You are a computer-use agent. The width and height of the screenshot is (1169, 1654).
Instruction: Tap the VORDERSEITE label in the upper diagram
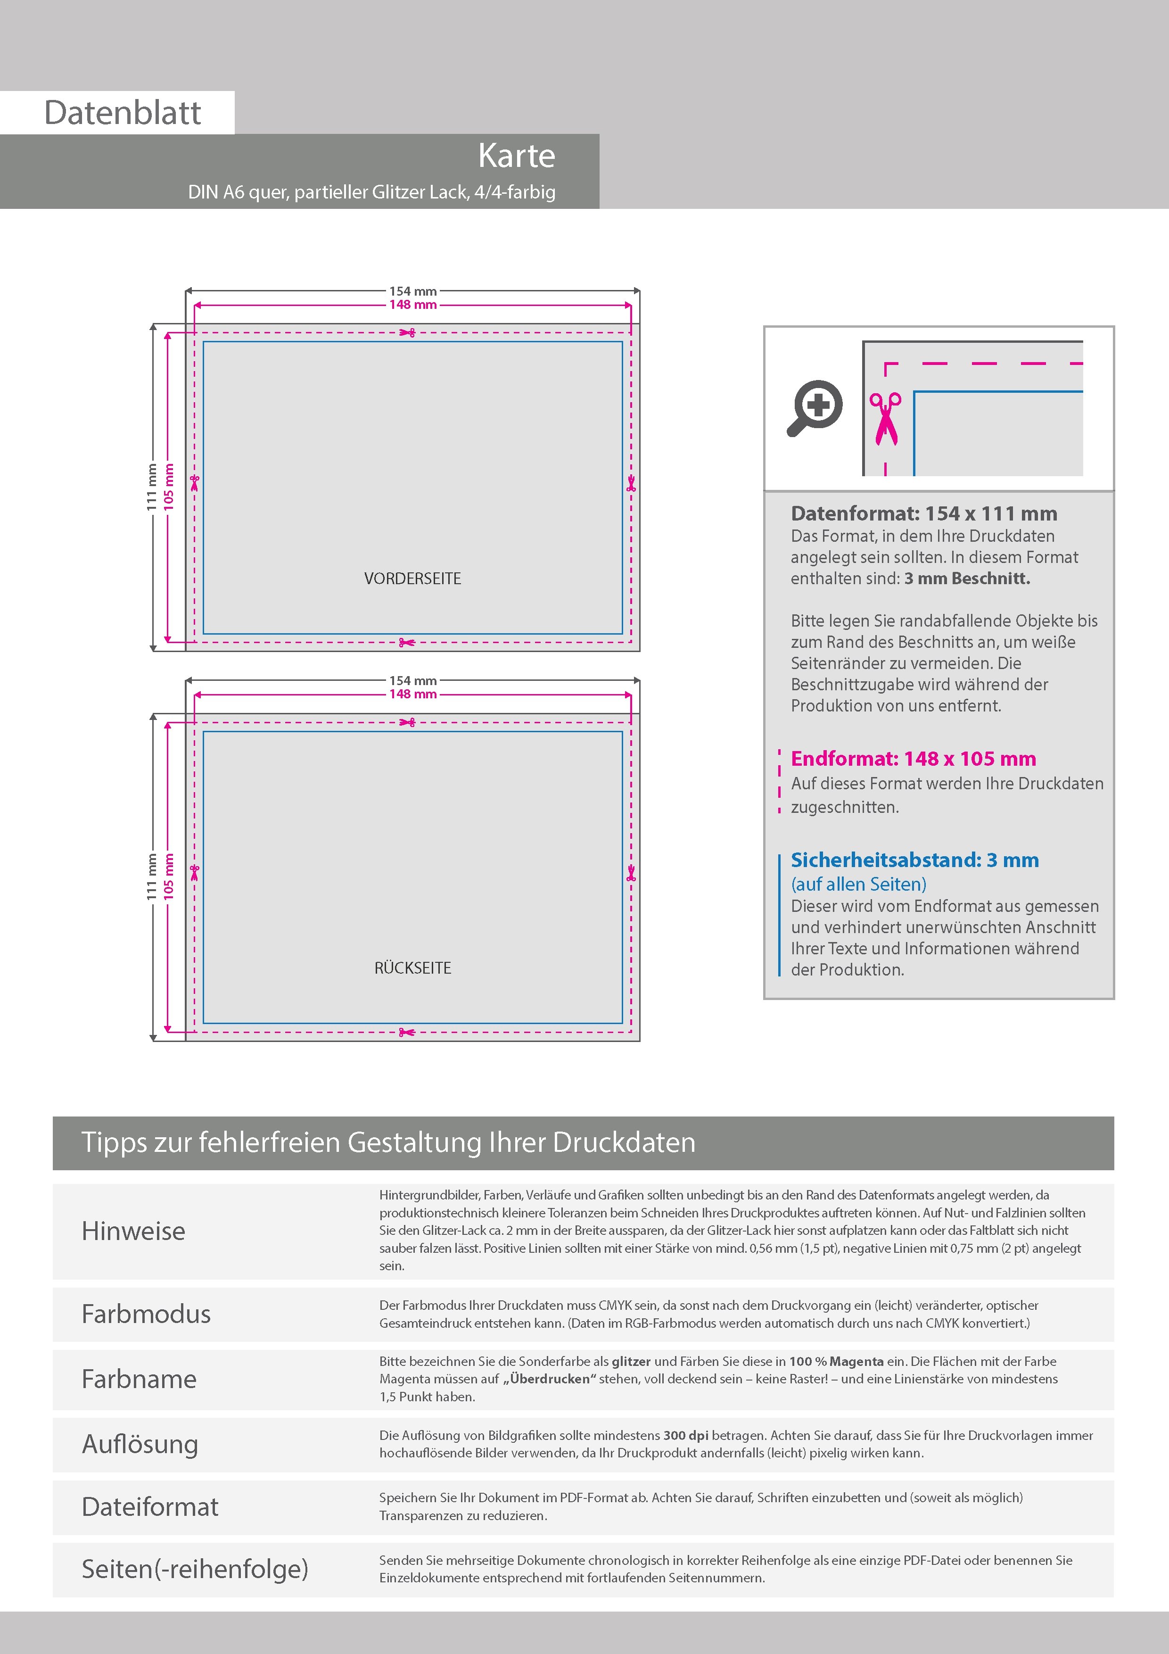413,579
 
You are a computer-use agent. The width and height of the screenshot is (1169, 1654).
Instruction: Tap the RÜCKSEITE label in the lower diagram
413,968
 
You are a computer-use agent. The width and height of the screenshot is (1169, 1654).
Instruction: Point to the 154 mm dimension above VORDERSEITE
413,291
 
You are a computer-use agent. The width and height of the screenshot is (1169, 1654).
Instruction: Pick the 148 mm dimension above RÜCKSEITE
413,695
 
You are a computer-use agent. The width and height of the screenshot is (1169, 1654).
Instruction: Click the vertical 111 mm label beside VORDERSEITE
152,487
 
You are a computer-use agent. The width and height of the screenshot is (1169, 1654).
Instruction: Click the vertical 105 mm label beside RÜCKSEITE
169,876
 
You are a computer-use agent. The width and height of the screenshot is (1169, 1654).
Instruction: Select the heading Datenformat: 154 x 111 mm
924,513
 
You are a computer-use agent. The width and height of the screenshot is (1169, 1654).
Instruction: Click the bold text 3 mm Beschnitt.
967,579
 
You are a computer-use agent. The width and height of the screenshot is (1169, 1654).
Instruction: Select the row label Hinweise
133,1231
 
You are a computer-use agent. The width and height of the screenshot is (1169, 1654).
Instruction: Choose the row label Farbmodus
146,1314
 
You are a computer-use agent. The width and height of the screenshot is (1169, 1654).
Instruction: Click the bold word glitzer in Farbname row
631,1362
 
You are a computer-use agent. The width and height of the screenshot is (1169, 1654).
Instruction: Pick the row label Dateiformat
150,1507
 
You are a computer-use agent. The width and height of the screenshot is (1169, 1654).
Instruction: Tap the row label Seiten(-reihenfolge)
195,1569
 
